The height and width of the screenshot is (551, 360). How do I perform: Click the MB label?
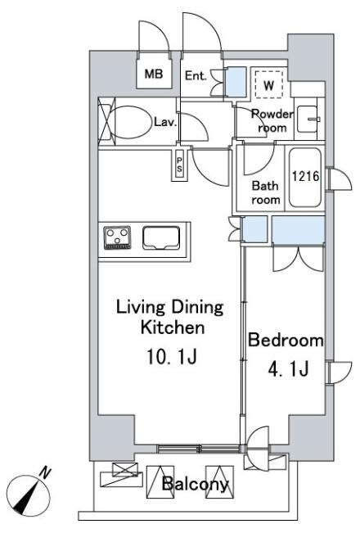pos(154,74)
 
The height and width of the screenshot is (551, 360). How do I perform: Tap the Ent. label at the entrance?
pos(196,75)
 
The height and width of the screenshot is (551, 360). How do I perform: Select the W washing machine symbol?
pos(268,84)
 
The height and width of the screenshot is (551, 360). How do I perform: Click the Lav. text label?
pos(165,122)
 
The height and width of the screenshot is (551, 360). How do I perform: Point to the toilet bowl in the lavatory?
pos(129,122)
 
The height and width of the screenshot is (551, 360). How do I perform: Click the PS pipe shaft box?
pos(179,165)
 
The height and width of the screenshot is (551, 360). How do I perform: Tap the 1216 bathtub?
pos(305,177)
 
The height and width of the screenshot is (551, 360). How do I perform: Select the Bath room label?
pos(266,192)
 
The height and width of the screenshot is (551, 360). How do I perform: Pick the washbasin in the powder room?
pos(308,120)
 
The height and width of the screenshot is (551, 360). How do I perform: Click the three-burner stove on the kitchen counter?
pos(117,237)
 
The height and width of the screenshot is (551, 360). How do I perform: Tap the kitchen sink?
pos(161,238)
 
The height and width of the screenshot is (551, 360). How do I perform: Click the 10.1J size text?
pos(171,357)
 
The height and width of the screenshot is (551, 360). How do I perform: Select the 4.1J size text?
pos(288,369)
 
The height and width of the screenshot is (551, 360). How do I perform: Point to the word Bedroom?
pos(286,340)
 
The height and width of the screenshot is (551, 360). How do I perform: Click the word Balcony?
pos(195,484)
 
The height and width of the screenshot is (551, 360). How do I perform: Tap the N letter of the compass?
pos(45,472)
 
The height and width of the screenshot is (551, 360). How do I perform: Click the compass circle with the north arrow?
pos(29,495)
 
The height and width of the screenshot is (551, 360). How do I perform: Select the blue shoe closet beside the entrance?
pos(236,82)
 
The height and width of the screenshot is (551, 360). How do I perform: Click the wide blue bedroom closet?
pos(298,230)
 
